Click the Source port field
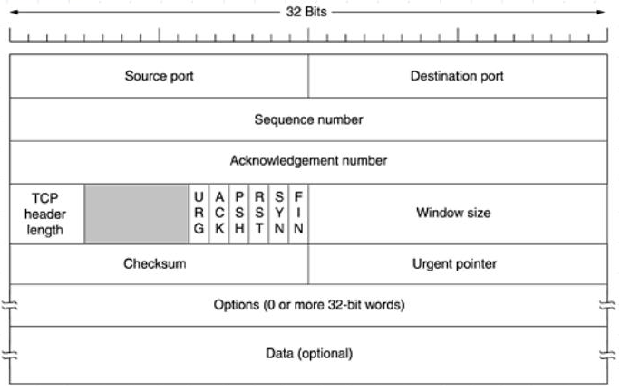coord(159,76)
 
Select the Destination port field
coord(458,76)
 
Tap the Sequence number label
coord(308,119)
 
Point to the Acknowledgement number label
coord(308,161)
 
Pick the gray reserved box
coord(137,214)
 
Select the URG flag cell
coord(199,214)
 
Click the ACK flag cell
coord(219,214)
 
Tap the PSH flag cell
coord(238,214)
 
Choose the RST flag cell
coord(258,214)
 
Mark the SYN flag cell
coord(279,214)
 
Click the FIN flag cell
coord(298,214)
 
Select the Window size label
coord(453,213)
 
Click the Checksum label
coord(154,263)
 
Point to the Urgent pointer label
coord(454,264)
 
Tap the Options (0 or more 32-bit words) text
coord(309,305)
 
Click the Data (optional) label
coord(309,353)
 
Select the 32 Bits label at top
coord(306,12)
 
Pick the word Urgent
coord(433,264)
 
